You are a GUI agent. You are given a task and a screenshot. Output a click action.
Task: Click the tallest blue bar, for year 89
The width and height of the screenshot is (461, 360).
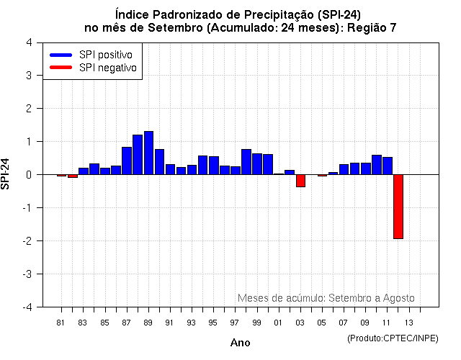pyautogui.click(x=148, y=153)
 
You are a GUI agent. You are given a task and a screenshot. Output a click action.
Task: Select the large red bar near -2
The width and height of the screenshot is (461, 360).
pyautogui.click(x=398, y=207)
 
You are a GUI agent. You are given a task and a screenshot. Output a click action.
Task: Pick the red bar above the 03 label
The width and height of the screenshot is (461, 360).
pyautogui.click(x=300, y=181)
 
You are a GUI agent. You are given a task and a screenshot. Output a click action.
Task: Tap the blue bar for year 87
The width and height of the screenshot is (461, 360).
pyautogui.click(x=127, y=161)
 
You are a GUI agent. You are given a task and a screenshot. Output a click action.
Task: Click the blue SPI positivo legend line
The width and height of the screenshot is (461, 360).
pyautogui.click(x=61, y=55)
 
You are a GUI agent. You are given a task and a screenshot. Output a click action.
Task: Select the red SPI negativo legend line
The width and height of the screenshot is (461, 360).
pyautogui.click(x=61, y=67)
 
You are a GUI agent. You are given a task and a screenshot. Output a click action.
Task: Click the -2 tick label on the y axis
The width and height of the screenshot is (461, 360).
pyautogui.click(x=26, y=240)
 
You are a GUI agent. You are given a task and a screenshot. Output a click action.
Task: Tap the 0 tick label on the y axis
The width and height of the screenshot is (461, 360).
pyautogui.click(x=28, y=174)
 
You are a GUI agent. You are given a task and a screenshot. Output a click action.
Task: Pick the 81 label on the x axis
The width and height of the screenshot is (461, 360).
pyautogui.click(x=61, y=323)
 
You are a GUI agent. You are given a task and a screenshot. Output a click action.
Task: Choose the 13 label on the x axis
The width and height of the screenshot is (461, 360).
pyautogui.click(x=408, y=323)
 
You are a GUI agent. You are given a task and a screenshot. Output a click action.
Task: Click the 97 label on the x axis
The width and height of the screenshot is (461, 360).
pyautogui.click(x=235, y=323)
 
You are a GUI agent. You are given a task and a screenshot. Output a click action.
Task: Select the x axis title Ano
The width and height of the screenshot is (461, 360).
pyautogui.click(x=240, y=343)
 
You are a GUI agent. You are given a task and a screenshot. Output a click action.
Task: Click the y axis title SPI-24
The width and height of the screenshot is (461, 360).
pyautogui.click(x=6, y=174)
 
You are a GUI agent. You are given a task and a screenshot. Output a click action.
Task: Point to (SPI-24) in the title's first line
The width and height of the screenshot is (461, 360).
pyautogui.click(x=337, y=14)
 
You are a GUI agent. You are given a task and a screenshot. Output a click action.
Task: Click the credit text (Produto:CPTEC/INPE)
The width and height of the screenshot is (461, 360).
pyautogui.click(x=392, y=338)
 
